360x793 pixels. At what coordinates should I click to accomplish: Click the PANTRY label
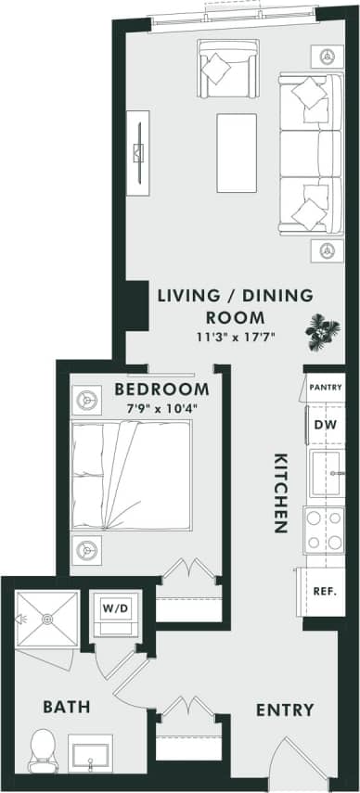325,387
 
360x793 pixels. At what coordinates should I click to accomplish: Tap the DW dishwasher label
325,424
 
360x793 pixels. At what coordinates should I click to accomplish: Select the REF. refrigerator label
324,591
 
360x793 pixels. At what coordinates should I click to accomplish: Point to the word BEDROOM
161,389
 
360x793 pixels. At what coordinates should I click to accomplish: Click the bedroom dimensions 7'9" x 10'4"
162,408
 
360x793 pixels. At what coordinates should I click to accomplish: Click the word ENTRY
285,710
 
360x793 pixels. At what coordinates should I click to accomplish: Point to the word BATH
67,707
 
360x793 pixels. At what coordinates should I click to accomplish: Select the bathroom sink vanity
90,752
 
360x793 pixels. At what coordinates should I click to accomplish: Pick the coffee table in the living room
236,152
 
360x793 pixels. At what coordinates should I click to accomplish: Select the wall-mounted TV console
138,153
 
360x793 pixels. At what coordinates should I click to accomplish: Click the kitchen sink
325,475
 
